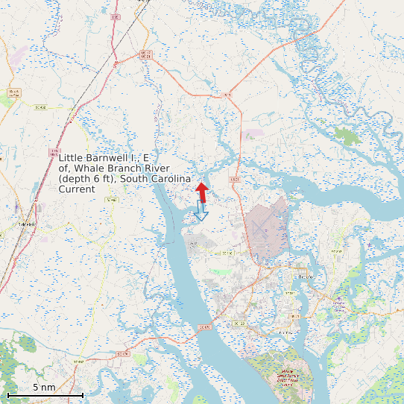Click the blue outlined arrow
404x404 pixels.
point(200,211)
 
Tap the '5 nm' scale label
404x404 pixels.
point(44,388)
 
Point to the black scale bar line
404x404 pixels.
point(45,394)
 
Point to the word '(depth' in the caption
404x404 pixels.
point(74,179)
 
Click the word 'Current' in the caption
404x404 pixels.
point(77,189)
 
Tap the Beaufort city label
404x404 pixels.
point(306,277)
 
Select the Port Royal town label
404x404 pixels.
point(282,332)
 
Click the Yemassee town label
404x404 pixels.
point(26,224)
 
